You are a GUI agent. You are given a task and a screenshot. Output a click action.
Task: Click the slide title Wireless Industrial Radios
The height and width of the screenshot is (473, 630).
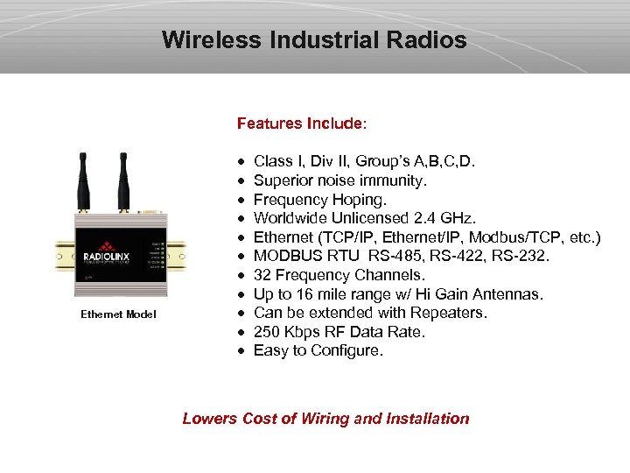(314, 40)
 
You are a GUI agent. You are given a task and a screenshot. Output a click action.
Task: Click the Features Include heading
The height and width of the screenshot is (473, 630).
(302, 124)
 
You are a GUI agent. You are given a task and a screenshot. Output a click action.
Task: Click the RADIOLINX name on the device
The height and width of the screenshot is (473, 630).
(106, 258)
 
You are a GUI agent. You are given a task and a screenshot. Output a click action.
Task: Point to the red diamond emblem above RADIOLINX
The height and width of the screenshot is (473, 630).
(107, 246)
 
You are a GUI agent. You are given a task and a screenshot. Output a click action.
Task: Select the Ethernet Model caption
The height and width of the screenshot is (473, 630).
(118, 314)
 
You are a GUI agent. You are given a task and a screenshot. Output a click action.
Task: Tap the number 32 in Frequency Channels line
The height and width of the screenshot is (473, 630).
(262, 275)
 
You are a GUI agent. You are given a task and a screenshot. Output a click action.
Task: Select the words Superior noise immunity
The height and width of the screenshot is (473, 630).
(340, 180)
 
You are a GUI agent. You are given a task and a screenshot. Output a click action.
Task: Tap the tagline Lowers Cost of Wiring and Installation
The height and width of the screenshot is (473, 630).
(325, 419)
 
